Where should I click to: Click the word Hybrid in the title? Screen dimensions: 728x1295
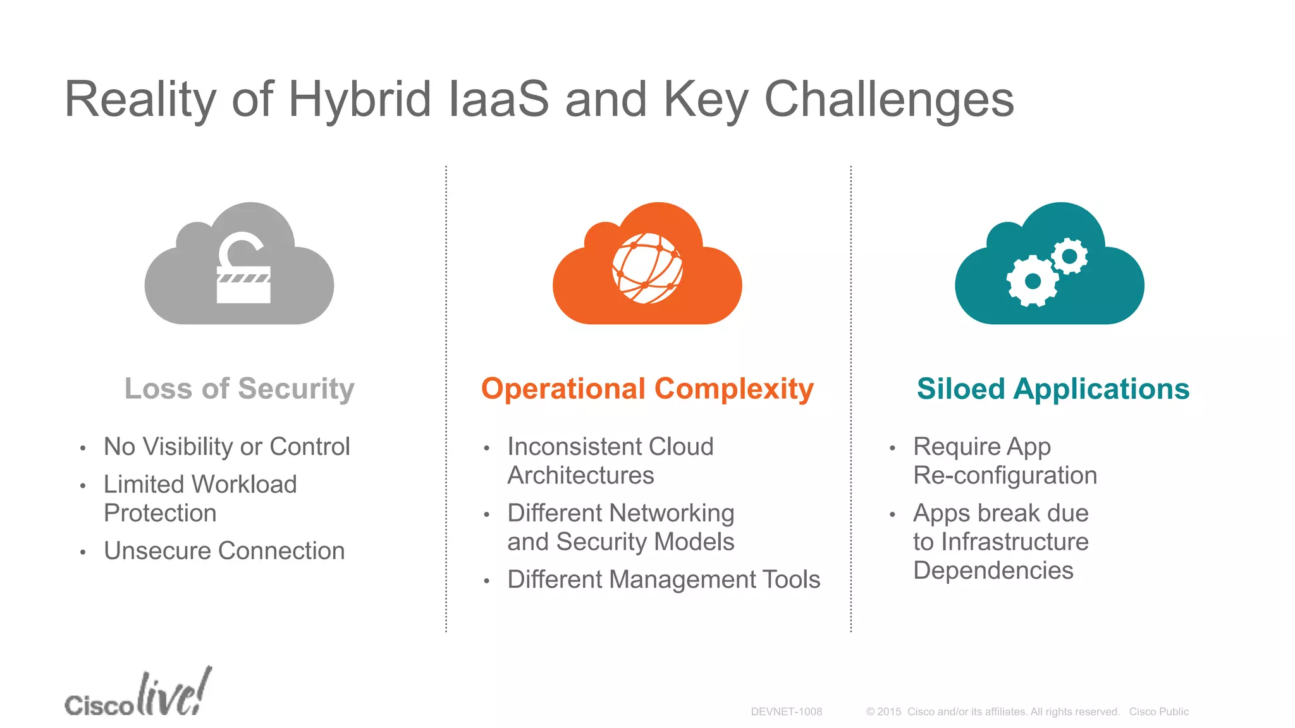point(359,100)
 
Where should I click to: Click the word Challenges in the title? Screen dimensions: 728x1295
point(888,100)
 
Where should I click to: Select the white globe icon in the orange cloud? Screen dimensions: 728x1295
point(647,269)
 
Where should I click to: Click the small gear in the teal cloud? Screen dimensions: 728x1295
point(1069,256)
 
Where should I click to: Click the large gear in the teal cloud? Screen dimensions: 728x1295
point(1032,281)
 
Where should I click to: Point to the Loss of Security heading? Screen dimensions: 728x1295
point(239,389)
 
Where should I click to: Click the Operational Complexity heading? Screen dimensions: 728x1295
point(647,389)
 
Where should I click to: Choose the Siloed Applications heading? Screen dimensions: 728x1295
point(1053,389)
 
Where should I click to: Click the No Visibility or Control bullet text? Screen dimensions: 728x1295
point(226,447)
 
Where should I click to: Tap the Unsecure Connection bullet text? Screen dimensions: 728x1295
point(224,551)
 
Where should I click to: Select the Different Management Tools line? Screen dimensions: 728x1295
point(663,579)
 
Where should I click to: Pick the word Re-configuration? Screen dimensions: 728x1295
point(1005,475)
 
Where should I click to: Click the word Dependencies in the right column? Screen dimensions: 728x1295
point(993,571)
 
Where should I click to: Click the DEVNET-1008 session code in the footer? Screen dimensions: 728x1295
point(786,712)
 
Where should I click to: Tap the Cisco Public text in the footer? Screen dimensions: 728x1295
point(1158,712)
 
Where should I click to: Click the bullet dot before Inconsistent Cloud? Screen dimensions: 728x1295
point(486,449)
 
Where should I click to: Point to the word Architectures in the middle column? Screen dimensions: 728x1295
point(580,475)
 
